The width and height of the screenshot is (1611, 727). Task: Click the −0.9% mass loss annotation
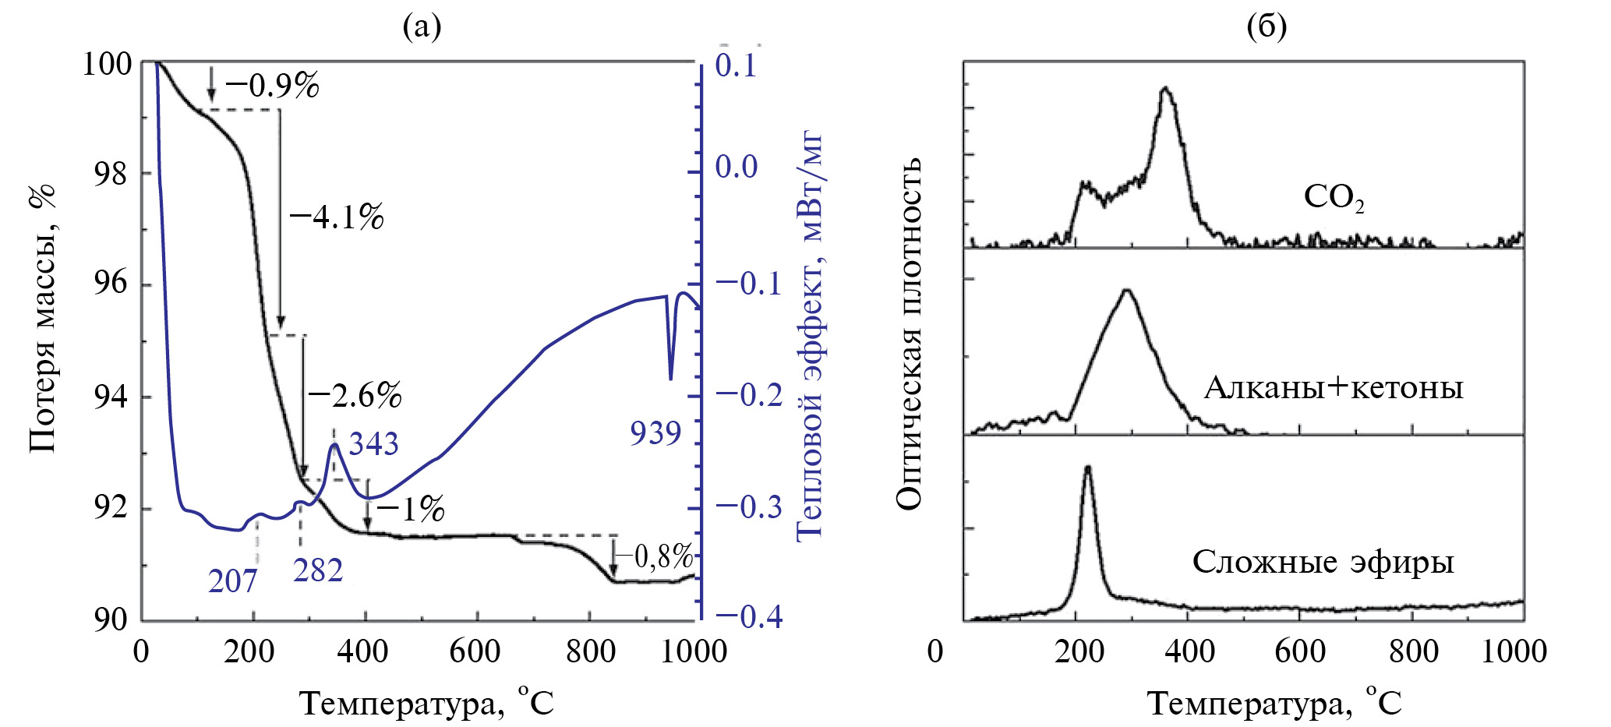(273, 86)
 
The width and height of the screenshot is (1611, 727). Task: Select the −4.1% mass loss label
(337, 217)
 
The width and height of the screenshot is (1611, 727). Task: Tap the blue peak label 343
(373, 444)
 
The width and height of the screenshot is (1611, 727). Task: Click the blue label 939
(655, 433)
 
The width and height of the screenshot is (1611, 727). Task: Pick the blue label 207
(232, 581)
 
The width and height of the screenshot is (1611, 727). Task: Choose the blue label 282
(318, 571)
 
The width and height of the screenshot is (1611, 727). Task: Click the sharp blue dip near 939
(670, 377)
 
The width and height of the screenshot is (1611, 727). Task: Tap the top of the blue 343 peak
(334, 444)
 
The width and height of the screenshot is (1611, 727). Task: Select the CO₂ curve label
(1334, 197)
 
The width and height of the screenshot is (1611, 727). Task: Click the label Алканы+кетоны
(1334, 387)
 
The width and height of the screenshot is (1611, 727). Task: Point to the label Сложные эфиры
(1323, 562)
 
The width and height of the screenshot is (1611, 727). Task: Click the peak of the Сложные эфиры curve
(1087, 468)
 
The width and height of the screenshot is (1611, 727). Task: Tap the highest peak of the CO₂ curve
(1166, 88)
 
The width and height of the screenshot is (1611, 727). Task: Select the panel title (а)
(422, 27)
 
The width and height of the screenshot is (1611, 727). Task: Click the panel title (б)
(1267, 27)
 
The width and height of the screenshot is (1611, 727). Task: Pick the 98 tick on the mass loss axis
(109, 174)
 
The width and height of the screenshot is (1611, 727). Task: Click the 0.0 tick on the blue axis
(736, 166)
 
